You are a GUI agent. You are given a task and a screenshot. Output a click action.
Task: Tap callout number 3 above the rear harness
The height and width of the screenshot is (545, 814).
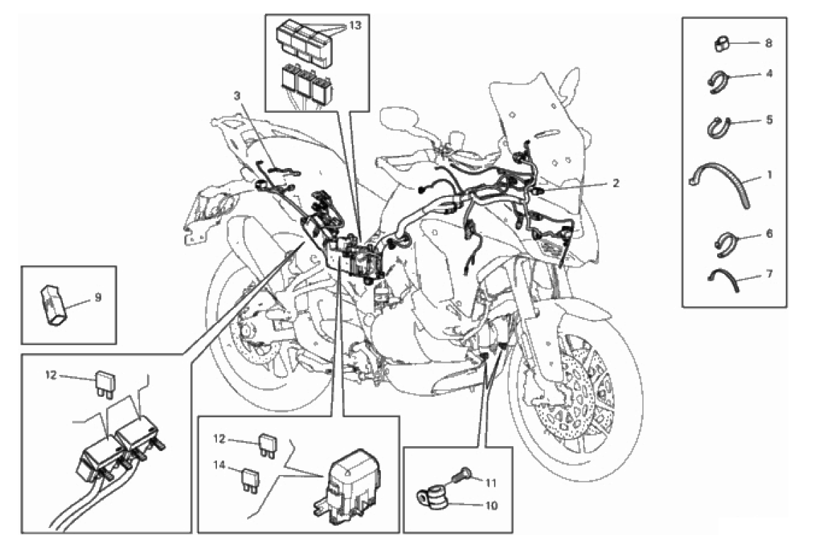coord(237,96)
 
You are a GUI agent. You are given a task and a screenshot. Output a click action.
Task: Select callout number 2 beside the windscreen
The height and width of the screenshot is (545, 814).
coord(615,183)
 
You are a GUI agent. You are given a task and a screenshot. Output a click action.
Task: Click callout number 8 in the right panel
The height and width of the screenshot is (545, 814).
coord(768,42)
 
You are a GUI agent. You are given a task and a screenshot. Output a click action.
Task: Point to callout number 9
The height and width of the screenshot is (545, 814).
coord(98,298)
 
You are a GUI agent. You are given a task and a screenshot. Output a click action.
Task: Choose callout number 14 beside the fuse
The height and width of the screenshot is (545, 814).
coord(219,466)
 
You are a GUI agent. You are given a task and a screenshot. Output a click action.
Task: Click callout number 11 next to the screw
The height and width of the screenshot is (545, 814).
coord(490,484)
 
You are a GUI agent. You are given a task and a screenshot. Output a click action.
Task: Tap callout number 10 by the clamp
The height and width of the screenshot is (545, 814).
coord(490,505)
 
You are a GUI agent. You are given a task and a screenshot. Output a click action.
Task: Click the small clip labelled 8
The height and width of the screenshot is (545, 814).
coord(721,44)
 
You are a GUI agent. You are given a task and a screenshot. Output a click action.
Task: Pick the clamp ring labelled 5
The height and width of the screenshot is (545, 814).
coord(719,126)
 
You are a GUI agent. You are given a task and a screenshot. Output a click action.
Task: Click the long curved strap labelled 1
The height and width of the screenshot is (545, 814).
coord(720,185)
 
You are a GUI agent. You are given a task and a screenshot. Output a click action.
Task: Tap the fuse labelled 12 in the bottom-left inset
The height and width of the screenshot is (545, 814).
coord(105,383)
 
